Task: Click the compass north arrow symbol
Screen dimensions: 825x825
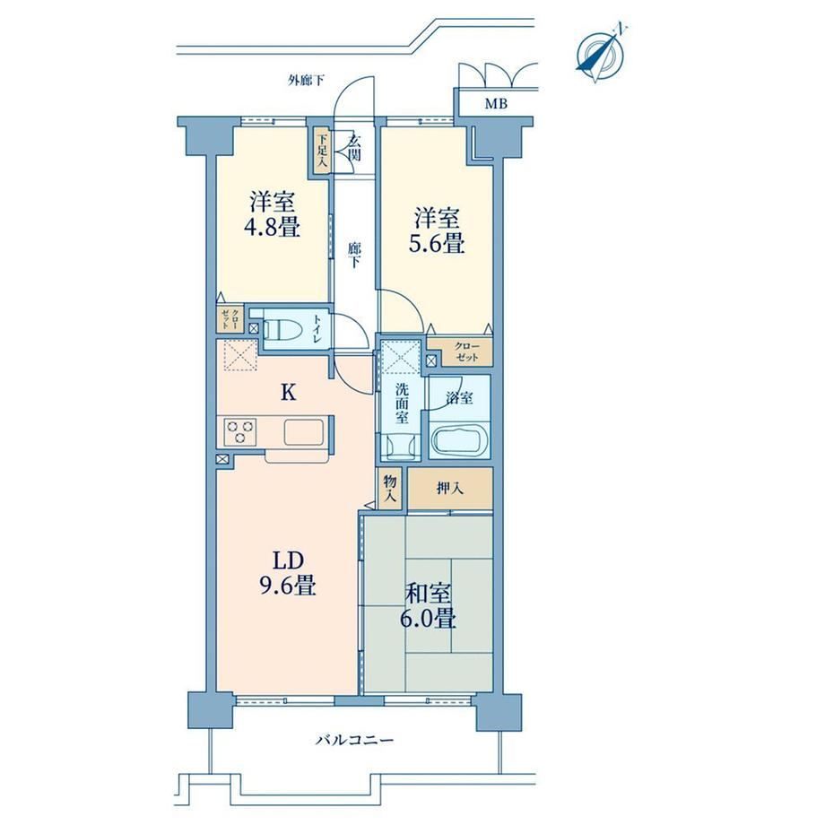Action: tap(601, 53)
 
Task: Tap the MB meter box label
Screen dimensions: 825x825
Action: tap(496, 104)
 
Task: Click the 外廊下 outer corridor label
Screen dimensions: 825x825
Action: tap(306, 81)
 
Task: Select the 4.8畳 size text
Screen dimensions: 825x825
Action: tap(272, 228)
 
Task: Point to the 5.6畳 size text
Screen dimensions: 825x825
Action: tap(437, 244)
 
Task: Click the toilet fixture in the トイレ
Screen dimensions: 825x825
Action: tap(282, 330)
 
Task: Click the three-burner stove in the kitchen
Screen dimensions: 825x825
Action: tap(240, 431)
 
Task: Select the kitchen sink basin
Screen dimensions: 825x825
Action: tap(304, 432)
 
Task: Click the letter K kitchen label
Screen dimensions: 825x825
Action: tap(288, 393)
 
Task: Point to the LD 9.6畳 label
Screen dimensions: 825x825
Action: tap(288, 573)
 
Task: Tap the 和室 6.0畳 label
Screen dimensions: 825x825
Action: tap(428, 606)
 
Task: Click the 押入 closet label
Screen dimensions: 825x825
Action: tap(450, 489)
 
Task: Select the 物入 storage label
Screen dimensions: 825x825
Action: tap(390, 489)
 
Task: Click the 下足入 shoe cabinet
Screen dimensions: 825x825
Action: tap(322, 151)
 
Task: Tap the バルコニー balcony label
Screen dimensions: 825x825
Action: tap(354, 741)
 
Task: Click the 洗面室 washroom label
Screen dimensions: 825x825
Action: tap(402, 404)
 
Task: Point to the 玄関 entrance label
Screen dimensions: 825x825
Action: tap(354, 148)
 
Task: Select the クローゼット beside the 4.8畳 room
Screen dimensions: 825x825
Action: tap(230, 319)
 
